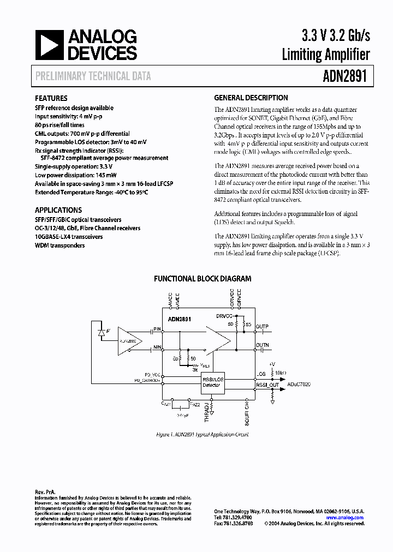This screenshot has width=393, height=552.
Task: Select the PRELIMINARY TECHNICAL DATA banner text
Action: point(93,77)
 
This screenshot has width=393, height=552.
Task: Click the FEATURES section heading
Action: point(51,99)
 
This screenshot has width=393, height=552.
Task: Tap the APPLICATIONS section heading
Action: point(58,210)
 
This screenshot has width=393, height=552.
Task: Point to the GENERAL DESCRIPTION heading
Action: point(251,98)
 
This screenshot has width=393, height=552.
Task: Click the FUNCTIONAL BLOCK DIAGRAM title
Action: point(203,279)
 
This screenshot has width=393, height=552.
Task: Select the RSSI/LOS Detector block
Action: point(212,382)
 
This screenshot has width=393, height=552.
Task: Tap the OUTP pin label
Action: point(263,327)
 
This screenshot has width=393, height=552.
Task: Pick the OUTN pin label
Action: point(263,345)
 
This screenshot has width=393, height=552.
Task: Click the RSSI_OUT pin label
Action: point(268,385)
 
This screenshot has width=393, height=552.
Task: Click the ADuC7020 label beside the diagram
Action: point(299,385)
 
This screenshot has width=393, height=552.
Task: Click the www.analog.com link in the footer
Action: point(344,517)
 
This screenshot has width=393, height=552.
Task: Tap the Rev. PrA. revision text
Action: point(45,491)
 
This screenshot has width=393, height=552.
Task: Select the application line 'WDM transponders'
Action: point(60,245)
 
